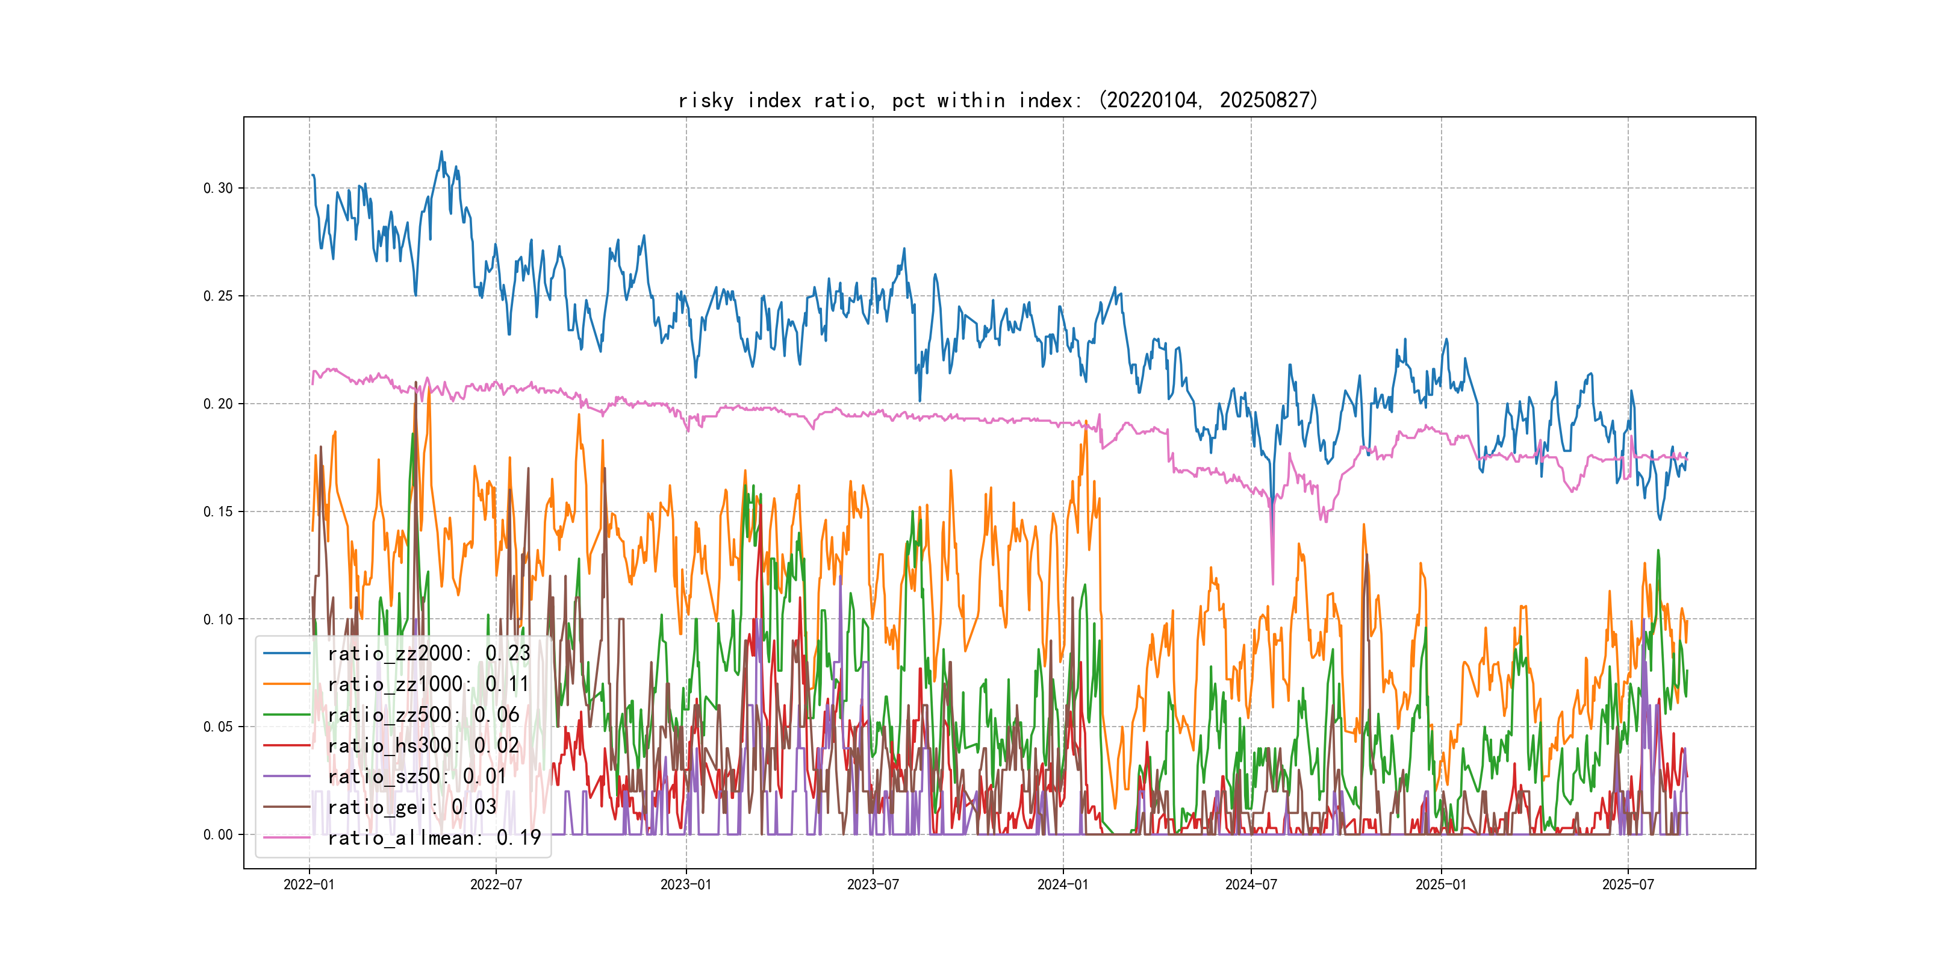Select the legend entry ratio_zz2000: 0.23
tap(428, 653)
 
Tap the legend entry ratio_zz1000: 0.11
tap(428, 684)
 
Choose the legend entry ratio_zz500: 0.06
tap(423, 715)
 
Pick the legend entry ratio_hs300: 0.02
tap(423, 746)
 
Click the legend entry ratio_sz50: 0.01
tap(417, 776)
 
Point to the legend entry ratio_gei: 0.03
tap(411, 807)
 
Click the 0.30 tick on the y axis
tap(218, 188)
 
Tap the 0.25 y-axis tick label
tap(218, 296)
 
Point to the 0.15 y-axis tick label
tap(218, 511)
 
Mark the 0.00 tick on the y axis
tap(218, 835)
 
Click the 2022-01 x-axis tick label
tap(309, 884)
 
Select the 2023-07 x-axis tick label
tap(873, 884)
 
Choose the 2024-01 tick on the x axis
tap(1063, 884)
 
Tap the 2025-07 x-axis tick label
tap(1628, 884)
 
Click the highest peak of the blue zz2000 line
tap(441, 152)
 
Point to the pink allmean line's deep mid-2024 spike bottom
tap(1272, 583)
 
